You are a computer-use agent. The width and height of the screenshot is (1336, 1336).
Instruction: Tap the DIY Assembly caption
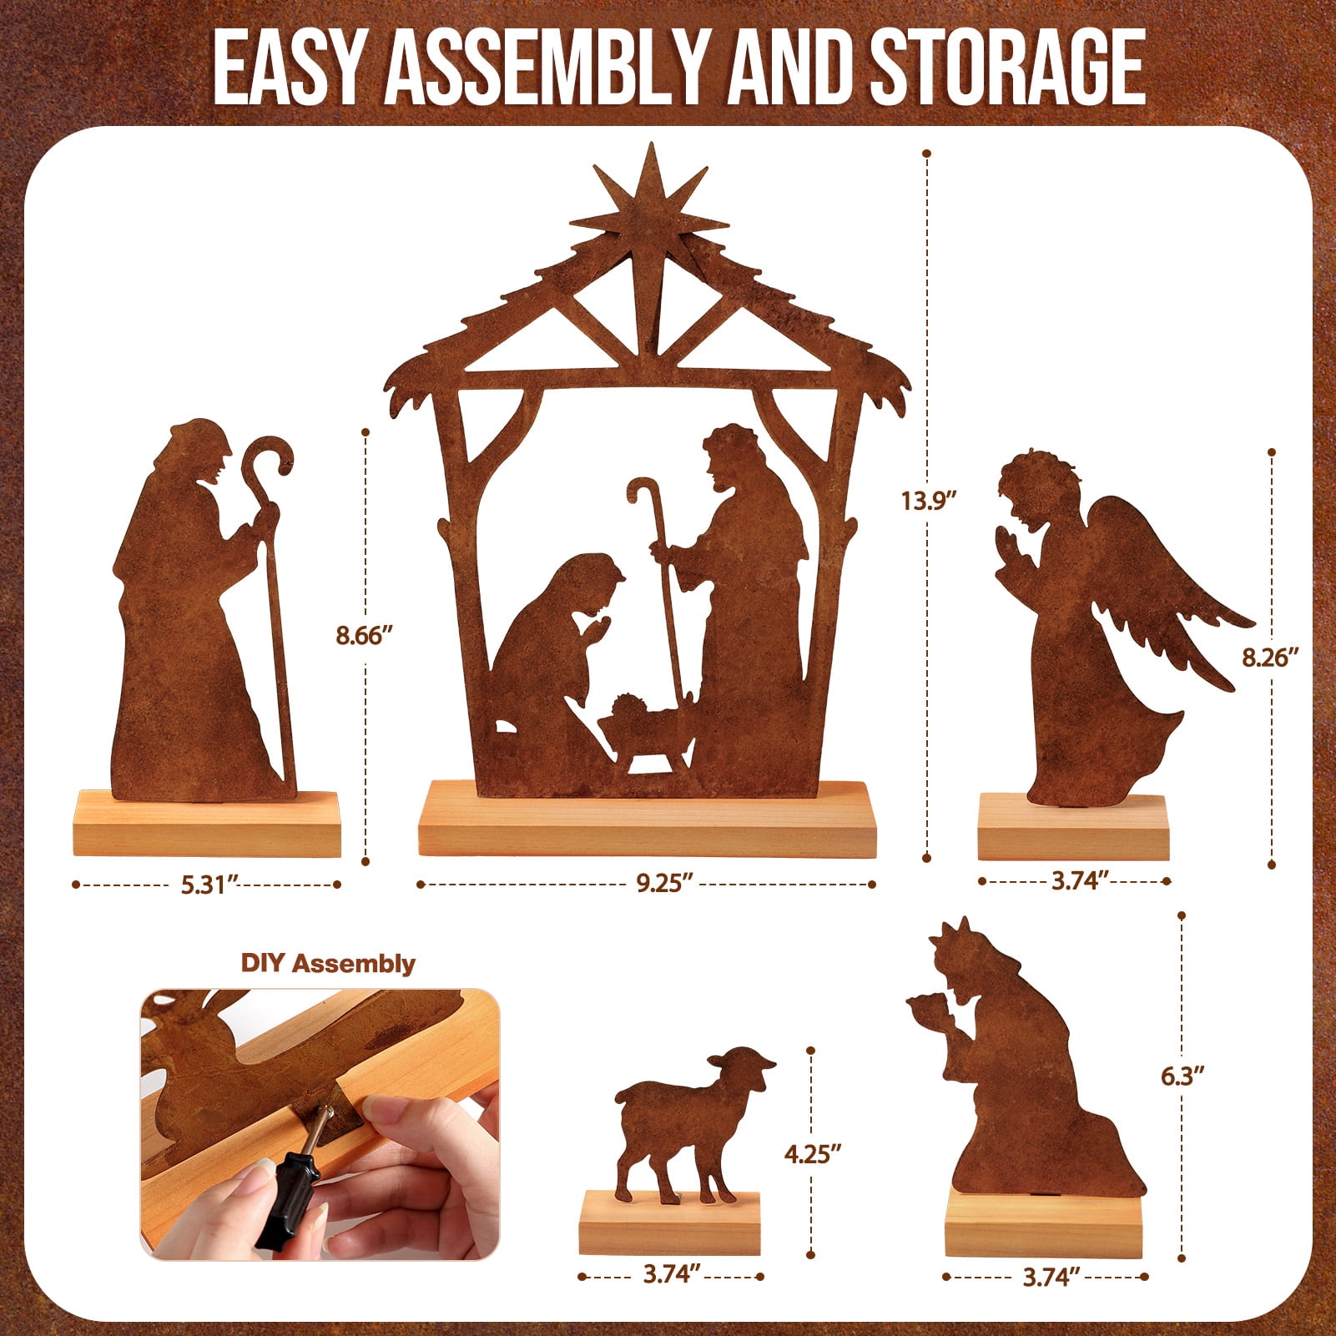coord(328,963)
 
